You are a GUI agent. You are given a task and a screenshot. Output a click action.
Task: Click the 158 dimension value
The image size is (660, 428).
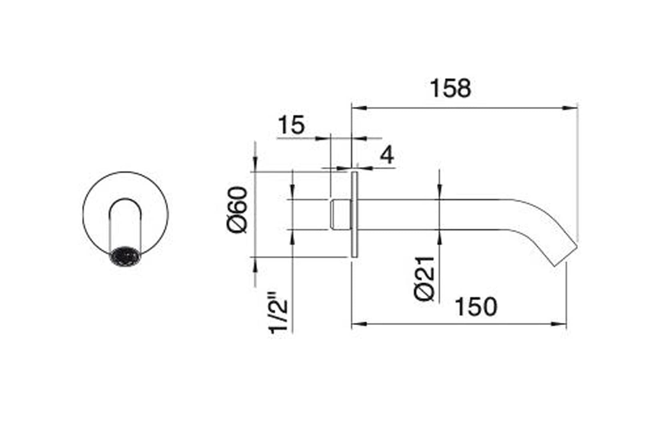coord(450,89)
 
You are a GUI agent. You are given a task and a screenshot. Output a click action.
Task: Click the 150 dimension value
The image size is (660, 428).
coord(476,307)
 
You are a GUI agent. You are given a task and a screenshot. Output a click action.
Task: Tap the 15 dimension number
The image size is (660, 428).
coord(291,125)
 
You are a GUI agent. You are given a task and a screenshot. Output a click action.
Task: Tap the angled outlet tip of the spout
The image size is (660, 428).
coord(566,256)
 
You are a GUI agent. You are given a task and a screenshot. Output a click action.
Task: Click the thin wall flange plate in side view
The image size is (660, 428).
coord(354,215)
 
